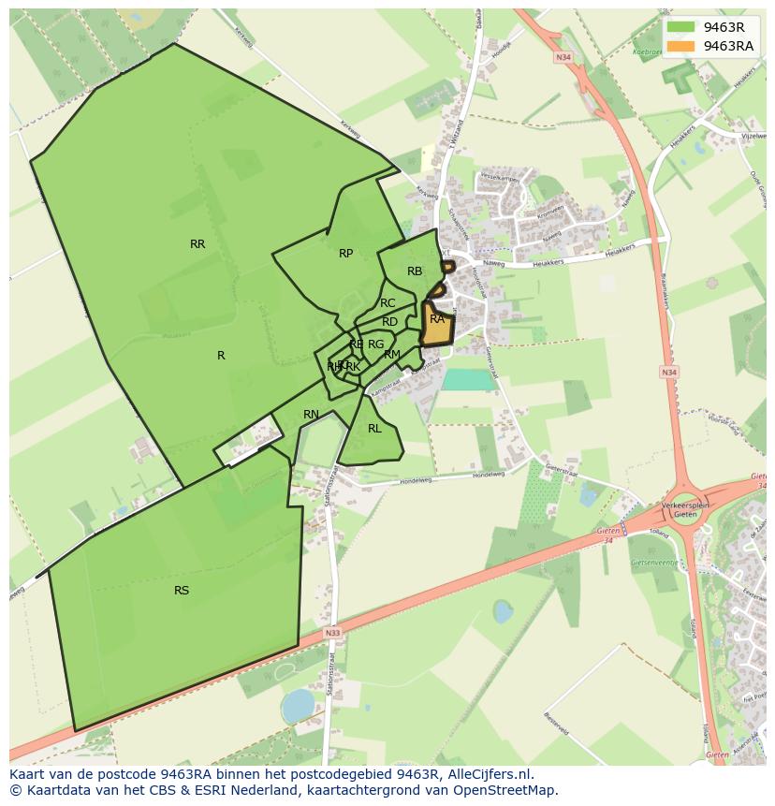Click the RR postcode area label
point(197,244)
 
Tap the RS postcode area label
point(182,591)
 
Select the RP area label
point(345,254)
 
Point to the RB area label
point(415,271)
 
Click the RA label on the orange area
point(437,319)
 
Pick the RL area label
point(374,429)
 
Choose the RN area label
point(311,415)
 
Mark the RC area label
point(387,303)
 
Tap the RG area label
point(375,344)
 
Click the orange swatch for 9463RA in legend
point(681,46)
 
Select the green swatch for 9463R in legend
point(681,27)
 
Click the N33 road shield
point(333,634)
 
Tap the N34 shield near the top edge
point(563,57)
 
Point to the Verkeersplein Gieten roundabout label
point(686,509)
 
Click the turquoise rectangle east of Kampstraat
point(468,379)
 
